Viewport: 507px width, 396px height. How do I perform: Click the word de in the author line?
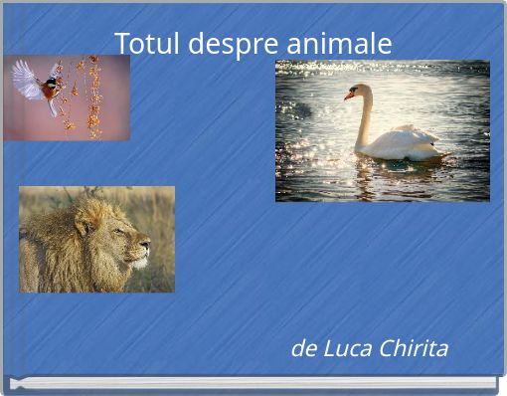pos(303,349)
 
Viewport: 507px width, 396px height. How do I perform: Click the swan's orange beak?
pos(349,96)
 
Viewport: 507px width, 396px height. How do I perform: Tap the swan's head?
pos(359,92)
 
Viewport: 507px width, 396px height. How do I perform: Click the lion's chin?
pos(137,264)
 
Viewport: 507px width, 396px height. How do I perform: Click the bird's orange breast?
pos(48,93)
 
